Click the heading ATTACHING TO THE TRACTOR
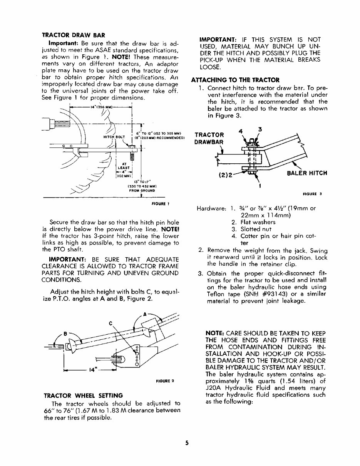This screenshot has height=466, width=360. [x=235, y=80]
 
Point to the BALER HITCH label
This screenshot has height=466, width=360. [x=307, y=173]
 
